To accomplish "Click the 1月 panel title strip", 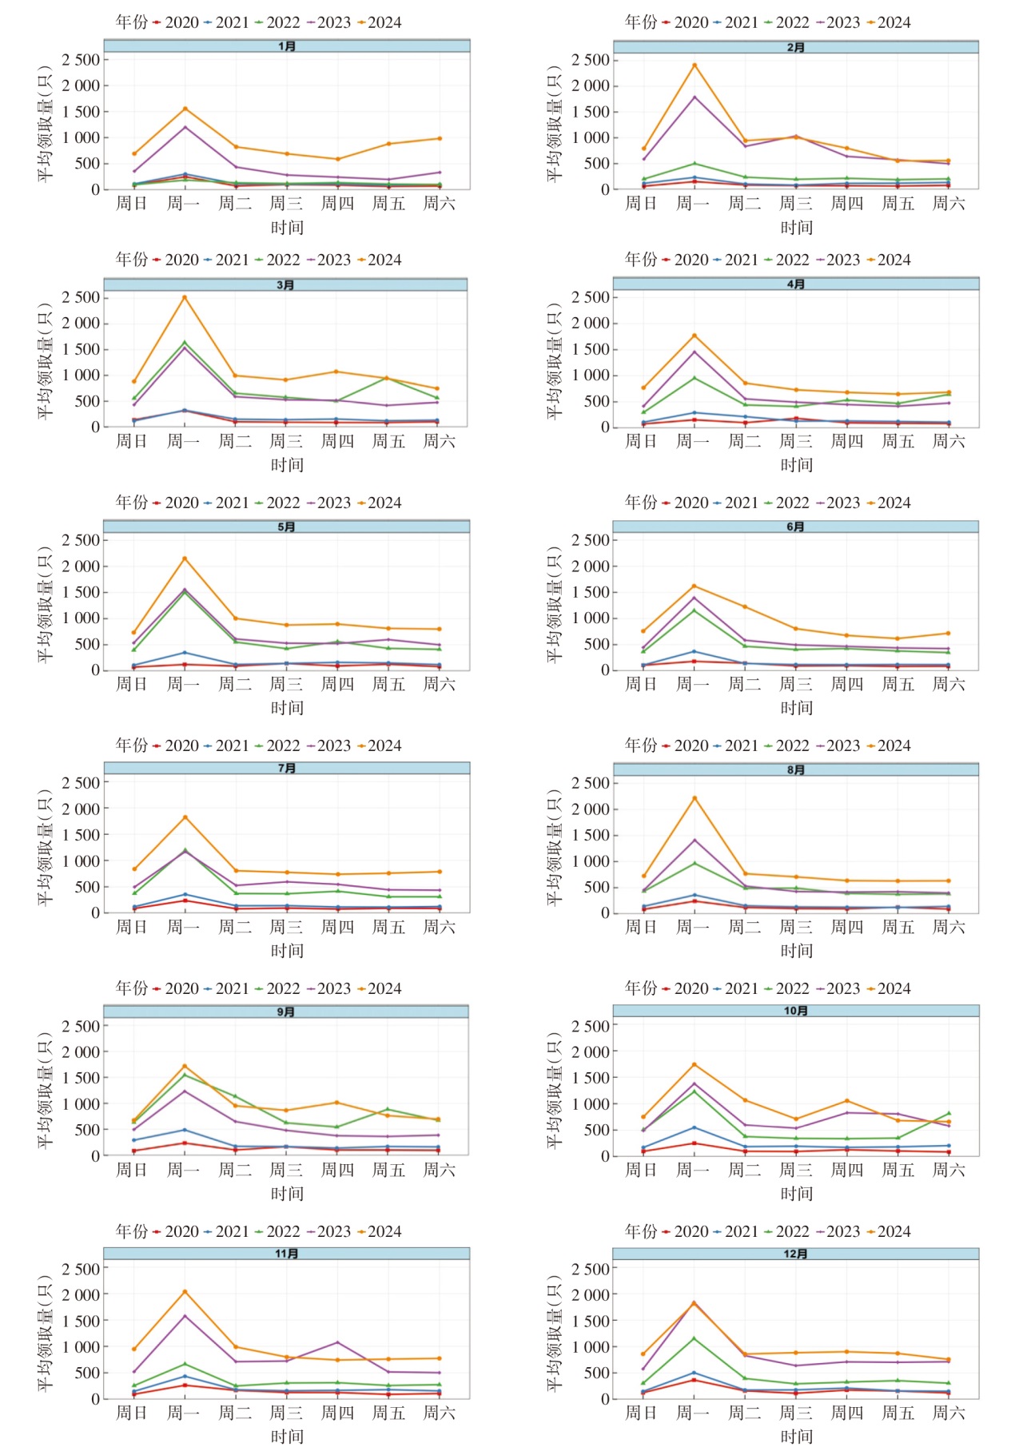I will tap(286, 46).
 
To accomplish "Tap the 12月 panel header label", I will tap(795, 1254).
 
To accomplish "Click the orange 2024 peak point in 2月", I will tap(694, 66).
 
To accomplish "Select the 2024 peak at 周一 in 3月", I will tap(185, 297).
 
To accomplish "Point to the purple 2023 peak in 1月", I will tap(185, 127).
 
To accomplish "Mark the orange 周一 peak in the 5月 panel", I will tap(185, 559).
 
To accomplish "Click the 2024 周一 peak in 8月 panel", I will tap(694, 797).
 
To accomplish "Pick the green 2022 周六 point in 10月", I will tap(949, 1113).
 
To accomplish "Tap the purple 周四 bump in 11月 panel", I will tap(337, 1342).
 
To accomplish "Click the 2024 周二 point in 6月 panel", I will tap(745, 606).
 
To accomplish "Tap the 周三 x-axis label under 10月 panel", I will tap(795, 1170).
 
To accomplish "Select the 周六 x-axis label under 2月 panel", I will tap(949, 204).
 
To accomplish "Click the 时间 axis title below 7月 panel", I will tap(287, 951).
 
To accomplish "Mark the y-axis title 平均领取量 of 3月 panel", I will tap(45, 361).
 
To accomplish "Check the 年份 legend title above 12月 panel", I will tap(641, 1231).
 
